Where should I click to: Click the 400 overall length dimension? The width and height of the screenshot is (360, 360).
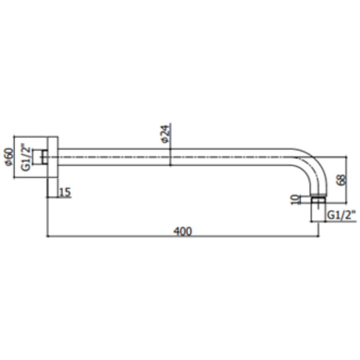tap(183, 231)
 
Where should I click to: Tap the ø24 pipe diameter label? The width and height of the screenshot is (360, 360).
tap(166, 134)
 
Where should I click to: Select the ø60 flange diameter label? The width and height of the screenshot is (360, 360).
tap(9, 157)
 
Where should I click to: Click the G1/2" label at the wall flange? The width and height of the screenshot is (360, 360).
tap(26, 157)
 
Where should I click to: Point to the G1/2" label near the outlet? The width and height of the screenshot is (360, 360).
tap(341, 215)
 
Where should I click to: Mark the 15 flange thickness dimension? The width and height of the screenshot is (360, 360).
tap(65, 192)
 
